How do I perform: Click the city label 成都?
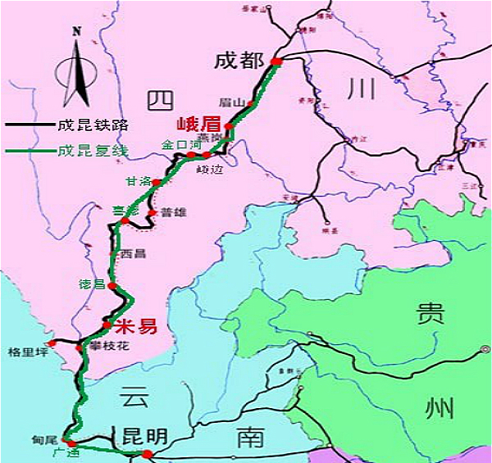point(239,61)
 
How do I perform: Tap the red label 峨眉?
point(199,125)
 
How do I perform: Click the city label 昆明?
point(145,436)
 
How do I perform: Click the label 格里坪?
point(24,354)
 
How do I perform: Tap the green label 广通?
point(65,452)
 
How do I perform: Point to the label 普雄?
point(174,212)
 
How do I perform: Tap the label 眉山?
point(233,103)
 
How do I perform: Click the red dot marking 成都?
point(276,61)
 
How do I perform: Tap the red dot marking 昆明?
point(147,454)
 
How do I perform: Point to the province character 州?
point(435,406)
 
